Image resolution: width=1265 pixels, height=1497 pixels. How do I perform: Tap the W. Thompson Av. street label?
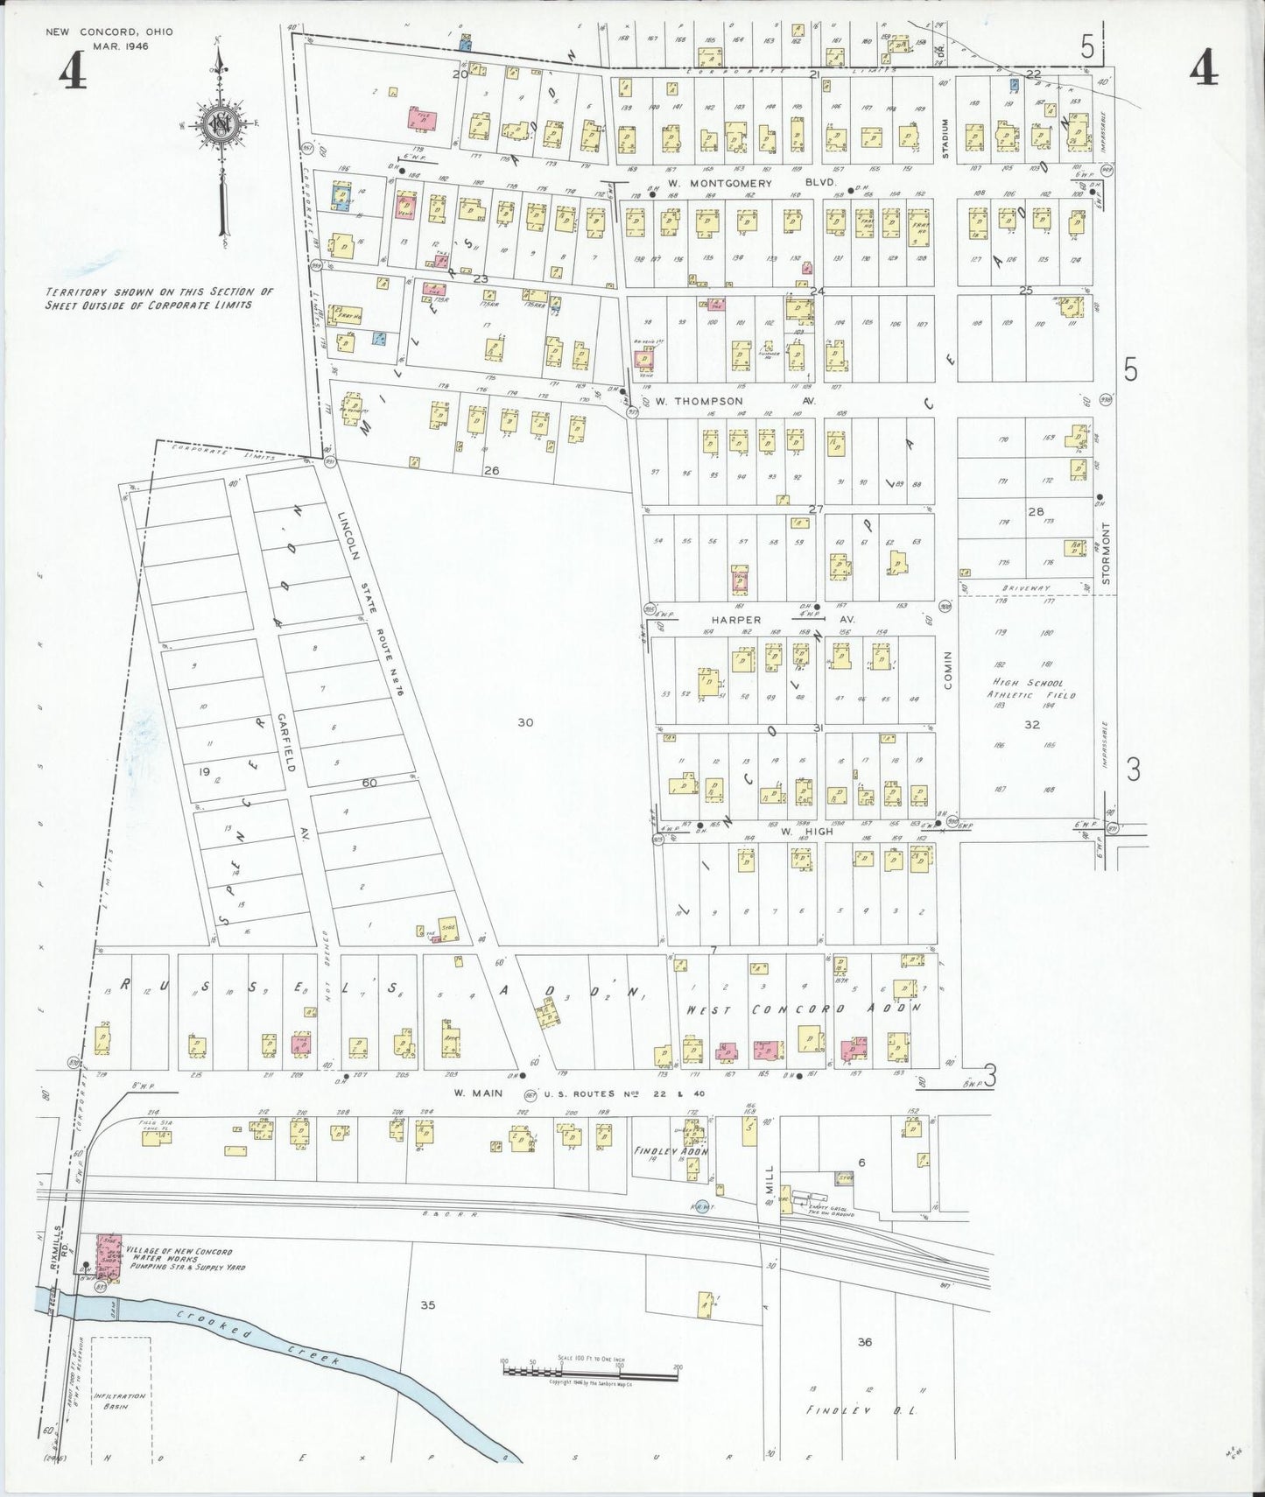pos(735,401)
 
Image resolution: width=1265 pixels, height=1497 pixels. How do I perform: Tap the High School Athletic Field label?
pos(1033,689)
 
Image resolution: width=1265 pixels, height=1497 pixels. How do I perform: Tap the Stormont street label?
pos(1106,553)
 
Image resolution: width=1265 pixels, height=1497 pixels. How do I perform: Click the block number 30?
pos(524,722)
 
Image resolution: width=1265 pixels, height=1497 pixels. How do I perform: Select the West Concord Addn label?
pos(803,1009)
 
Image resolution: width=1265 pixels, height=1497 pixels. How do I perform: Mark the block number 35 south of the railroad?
pos(427,1305)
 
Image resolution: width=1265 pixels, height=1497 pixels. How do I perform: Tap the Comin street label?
pos(947,669)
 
